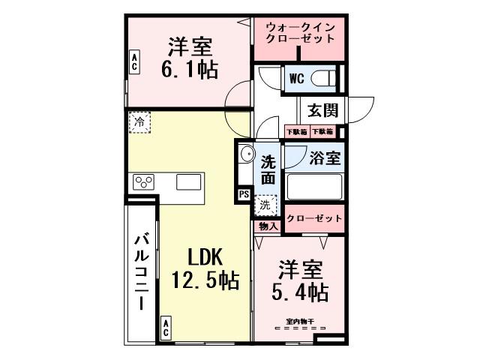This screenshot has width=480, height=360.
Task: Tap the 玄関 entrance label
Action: pos(321,110)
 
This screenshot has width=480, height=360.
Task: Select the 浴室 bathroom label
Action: pos(325,158)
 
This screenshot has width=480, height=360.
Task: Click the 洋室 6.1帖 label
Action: pos(188,58)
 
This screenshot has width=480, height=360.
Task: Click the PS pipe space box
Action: pos(244,193)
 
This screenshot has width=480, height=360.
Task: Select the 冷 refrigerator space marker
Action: pos(139,121)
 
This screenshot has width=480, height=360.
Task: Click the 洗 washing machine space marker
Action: pos(266,203)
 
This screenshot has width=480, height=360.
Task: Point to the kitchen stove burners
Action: pos(145,181)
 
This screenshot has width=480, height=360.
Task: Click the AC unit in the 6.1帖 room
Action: pos(133,61)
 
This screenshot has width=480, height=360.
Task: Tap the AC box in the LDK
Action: pos(165,327)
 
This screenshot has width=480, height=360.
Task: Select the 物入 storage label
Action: pos(268,226)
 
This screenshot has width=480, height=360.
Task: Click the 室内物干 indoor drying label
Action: pos(299,322)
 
